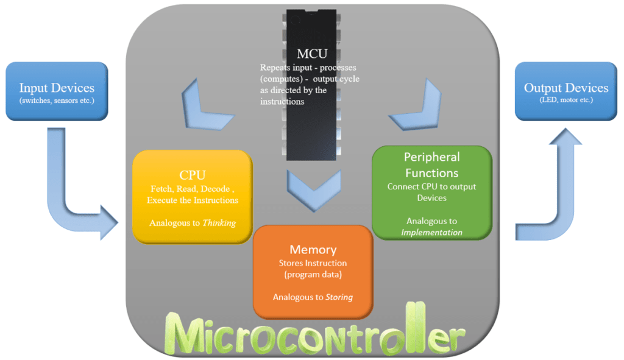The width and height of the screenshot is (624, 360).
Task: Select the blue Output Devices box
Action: tap(566, 91)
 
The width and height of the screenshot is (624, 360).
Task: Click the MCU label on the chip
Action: tap(312, 54)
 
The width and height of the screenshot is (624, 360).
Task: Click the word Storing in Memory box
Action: tap(339, 297)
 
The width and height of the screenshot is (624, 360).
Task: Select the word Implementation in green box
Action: tap(431, 232)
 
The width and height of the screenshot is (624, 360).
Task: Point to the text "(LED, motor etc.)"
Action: tap(566, 100)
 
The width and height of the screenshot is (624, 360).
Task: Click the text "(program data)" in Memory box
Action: tap(313, 275)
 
